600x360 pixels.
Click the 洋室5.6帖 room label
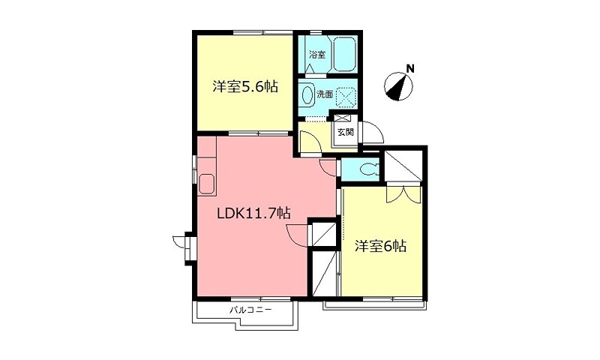(x=245, y=87)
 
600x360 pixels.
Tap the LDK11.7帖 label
(x=253, y=213)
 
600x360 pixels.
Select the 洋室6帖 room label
(x=380, y=247)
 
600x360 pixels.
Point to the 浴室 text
(x=317, y=54)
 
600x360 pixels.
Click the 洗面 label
(x=325, y=94)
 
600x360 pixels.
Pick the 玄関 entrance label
(x=346, y=132)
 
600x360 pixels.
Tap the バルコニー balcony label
(x=251, y=310)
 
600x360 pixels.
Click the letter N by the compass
(x=410, y=69)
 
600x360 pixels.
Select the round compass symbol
(x=398, y=86)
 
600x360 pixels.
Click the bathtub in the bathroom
(x=345, y=54)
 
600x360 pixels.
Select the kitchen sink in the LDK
(x=207, y=184)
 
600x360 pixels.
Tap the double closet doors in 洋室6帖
(x=403, y=193)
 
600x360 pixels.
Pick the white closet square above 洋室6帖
(x=403, y=166)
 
